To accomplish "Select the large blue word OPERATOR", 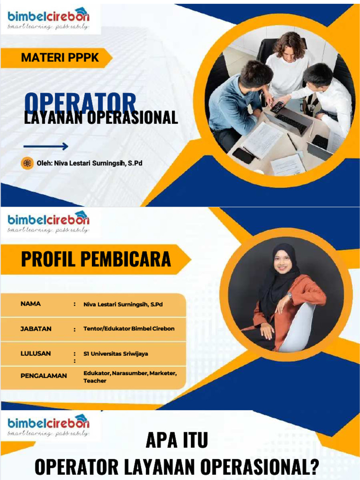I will point(80,102).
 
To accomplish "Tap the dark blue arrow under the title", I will point(45,147).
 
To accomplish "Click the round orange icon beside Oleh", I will point(27,163).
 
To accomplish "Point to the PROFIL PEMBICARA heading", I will point(96,259).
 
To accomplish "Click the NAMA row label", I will point(30,304).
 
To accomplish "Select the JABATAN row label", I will point(36,329).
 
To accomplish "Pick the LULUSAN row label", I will point(36,353).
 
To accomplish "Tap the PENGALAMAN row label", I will point(44,375).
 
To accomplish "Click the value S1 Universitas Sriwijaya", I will point(115,354).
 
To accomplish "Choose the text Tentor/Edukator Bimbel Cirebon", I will point(129,329).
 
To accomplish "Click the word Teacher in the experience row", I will point(95,381).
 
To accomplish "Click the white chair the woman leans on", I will point(300,328).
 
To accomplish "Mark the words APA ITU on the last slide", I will point(176,441).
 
